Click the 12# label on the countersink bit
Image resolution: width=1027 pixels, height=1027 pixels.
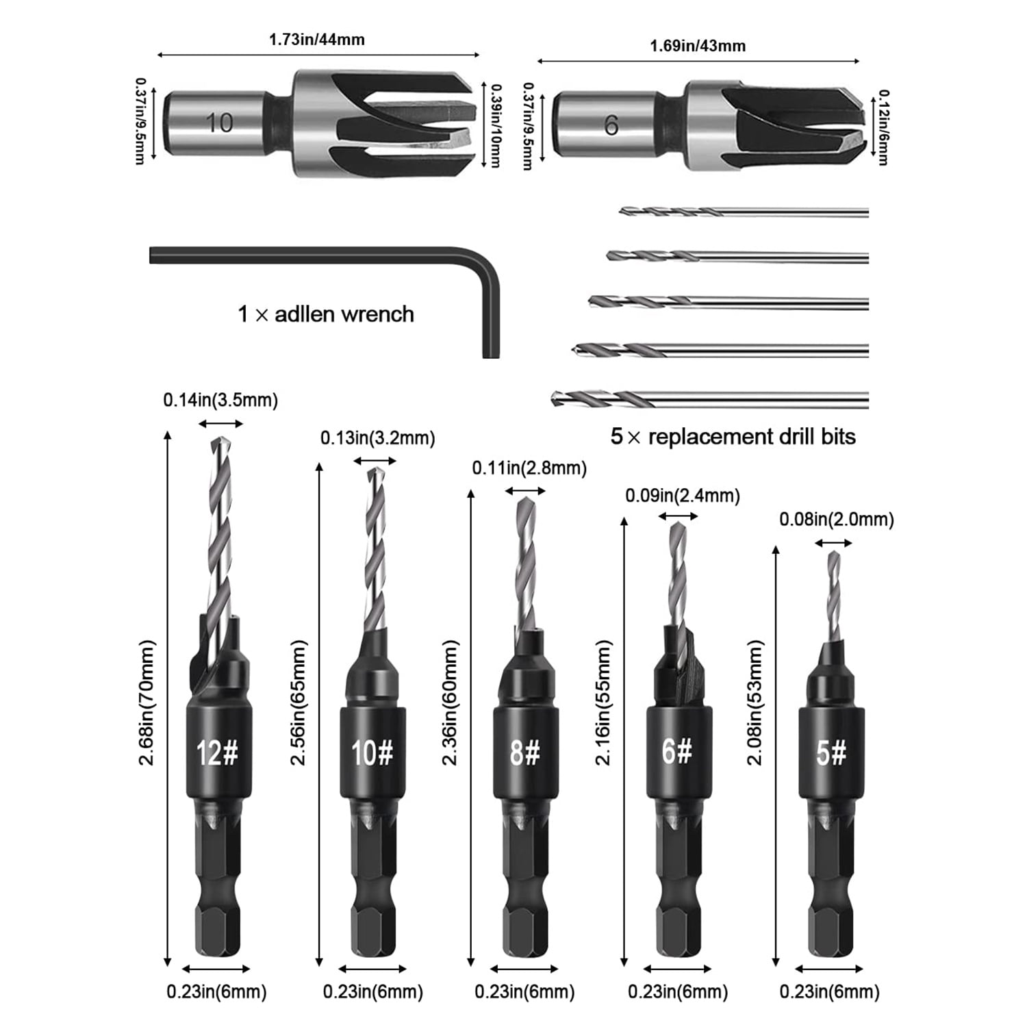pyautogui.click(x=217, y=753)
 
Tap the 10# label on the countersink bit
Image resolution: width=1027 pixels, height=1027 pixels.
pyautogui.click(x=372, y=753)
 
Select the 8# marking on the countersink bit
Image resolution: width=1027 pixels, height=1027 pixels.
pyautogui.click(x=525, y=753)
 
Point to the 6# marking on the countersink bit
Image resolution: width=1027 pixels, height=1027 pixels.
pyautogui.click(x=677, y=751)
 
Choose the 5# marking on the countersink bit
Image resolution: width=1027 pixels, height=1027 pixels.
pyautogui.click(x=831, y=753)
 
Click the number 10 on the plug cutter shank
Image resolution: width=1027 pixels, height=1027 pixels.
pyautogui.click(x=219, y=123)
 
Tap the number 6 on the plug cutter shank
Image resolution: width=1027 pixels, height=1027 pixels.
pyautogui.click(x=611, y=125)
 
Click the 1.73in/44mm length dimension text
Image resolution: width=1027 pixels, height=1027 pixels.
pyautogui.click(x=316, y=39)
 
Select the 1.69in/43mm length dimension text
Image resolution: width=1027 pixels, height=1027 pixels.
pyautogui.click(x=698, y=46)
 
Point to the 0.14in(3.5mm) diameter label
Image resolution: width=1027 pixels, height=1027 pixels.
pyautogui.click(x=220, y=400)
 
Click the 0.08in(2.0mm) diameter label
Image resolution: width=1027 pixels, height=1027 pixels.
pyautogui.click(x=837, y=520)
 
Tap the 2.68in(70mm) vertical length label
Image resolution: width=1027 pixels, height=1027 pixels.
pyautogui.click(x=147, y=702)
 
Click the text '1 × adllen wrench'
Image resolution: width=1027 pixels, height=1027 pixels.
pyautogui.click(x=326, y=314)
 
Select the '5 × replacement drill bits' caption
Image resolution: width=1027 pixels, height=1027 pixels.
pyautogui.click(x=733, y=437)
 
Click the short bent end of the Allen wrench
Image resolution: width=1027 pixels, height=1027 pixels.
pyautogui.click(x=491, y=322)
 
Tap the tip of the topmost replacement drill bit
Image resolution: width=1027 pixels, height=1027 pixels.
pyautogui.click(x=621, y=212)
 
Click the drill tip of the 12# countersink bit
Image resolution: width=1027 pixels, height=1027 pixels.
pyautogui.click(x=220, y=439)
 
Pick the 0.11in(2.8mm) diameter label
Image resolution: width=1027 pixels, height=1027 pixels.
pyautogui.click(x=530, y=468)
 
